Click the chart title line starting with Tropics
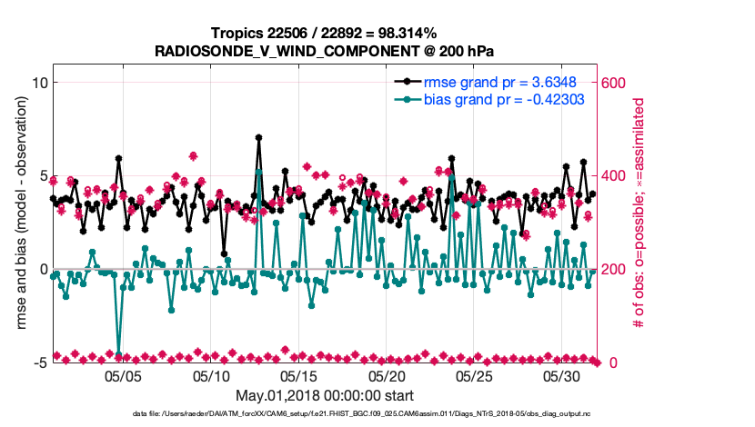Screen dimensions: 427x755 click(x=324, y=34)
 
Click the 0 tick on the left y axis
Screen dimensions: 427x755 click(x=42, y=269)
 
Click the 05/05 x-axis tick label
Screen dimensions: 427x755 click(x=123, y=375)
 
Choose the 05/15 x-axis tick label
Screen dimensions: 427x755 click(x=298, y=375)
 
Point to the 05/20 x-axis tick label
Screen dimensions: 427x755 click(x=386, y=375)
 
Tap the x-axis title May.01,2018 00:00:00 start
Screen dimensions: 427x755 click(x=324, y=395)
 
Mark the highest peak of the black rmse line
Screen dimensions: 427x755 click(x=259, y=138)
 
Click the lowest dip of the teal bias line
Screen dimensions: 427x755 click(x=119, y=353)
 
